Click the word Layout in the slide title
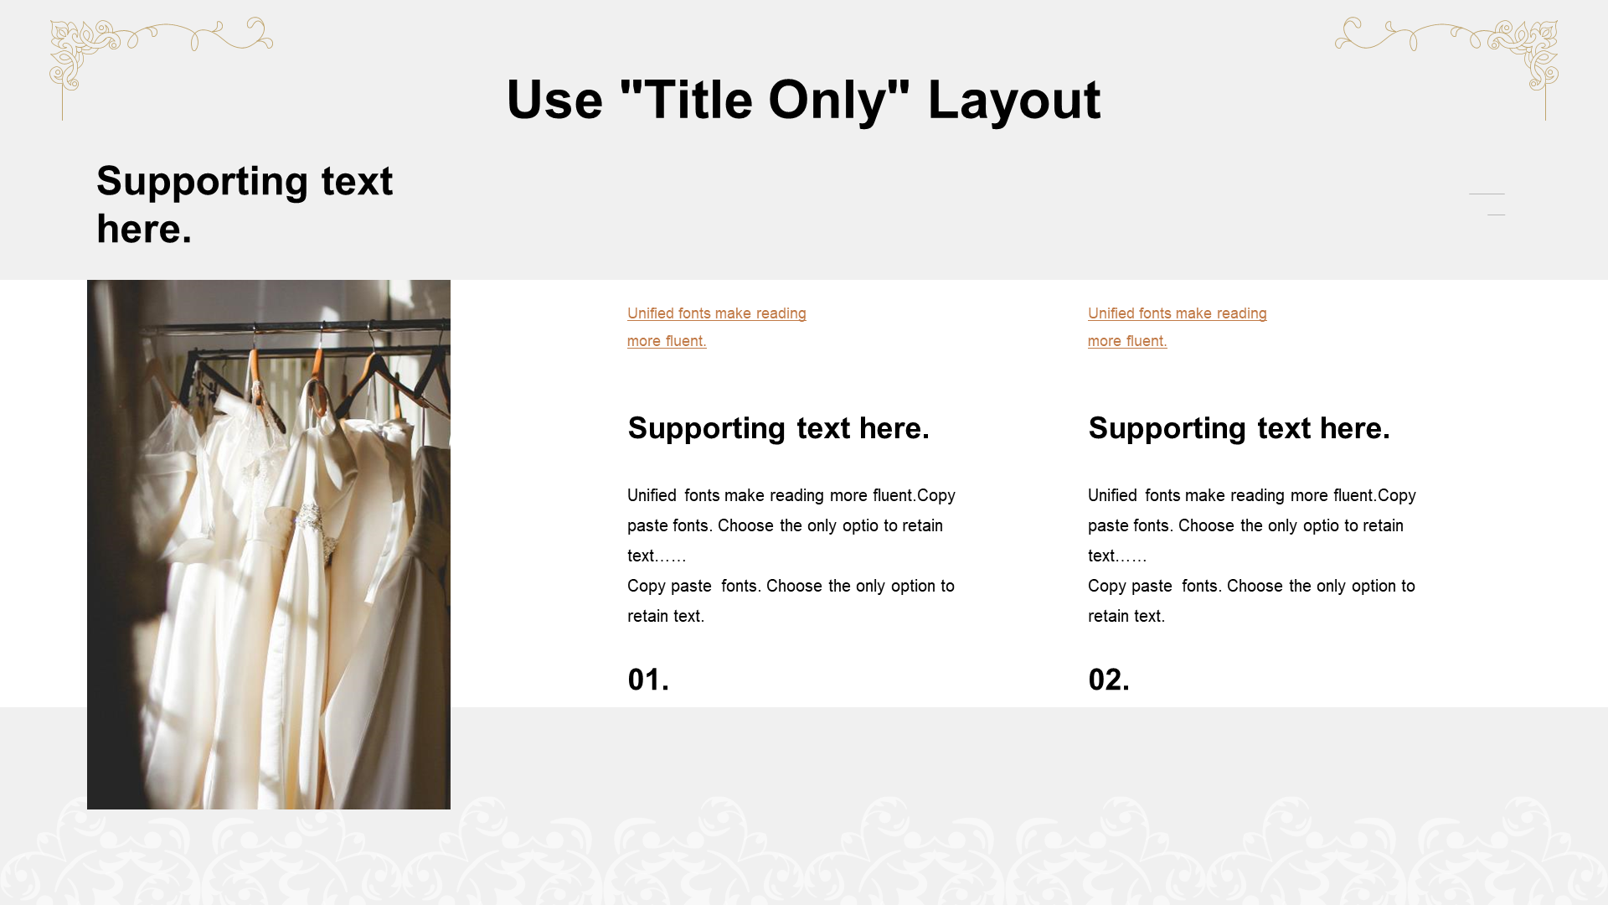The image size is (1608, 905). click(1013, 101)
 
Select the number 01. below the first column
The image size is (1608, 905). click(648, 680)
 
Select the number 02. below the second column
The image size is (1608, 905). click(1109, 680)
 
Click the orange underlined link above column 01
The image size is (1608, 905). click(716, 327)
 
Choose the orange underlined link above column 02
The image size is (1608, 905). click(1177, 327)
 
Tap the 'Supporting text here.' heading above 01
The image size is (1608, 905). click(778, 428)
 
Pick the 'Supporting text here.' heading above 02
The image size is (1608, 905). click(1239, 428)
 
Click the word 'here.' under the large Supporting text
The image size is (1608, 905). click(144, 229)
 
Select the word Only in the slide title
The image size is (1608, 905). click(827, 101)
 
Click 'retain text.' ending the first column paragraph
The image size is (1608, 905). click(666, 616)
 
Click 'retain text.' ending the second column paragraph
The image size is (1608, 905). click(1126, 616)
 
